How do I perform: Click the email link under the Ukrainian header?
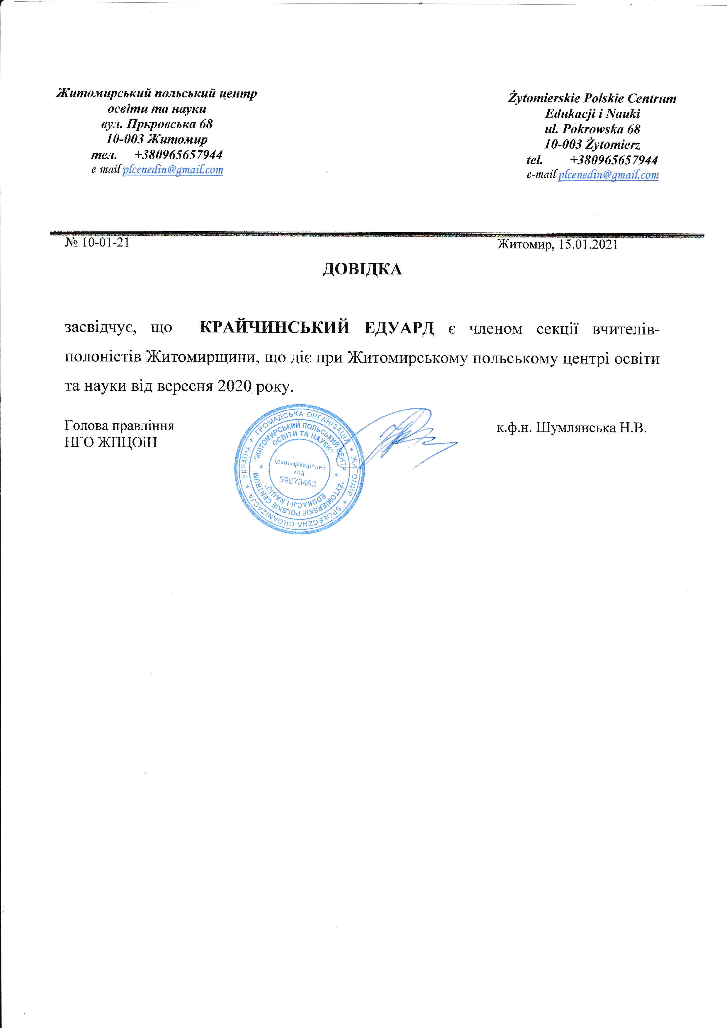pyautogui.click(x=173, y=170)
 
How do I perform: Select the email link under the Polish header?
pyautogui.click(x=608, y=175)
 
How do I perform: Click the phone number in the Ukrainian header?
pyautogui.click(x=178, y=154)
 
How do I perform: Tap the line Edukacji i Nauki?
pyautogui.click(x=592, y=114)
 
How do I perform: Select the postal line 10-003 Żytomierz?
pyautogui.click(x=592, y=145)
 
